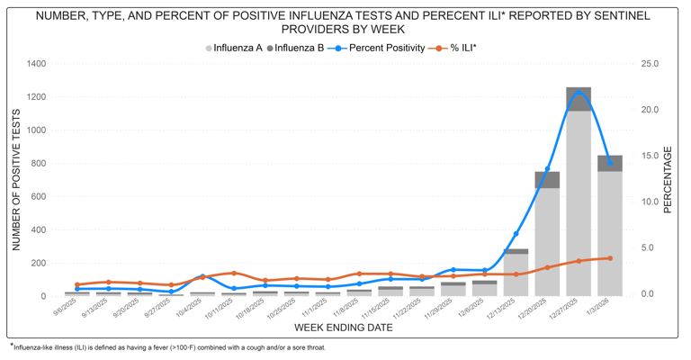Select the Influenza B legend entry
tap(299, 48)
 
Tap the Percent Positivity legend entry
tap(386, 48)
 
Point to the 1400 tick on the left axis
tap(36, 64)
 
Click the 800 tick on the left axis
tap(39, 163)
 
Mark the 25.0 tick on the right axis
tap(650, 64)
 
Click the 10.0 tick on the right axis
tap(650, 202)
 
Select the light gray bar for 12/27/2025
tap(579, 202)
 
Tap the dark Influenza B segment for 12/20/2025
tap(547, 180)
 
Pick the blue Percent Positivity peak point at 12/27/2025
tap(579, 92)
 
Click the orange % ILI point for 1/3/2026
tap(610, 258)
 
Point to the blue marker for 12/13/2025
tap(516, 234)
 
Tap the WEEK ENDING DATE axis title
tap(343, 328)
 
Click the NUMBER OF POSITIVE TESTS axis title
tap(16, 179)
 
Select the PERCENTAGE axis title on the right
tap(669, 179)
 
